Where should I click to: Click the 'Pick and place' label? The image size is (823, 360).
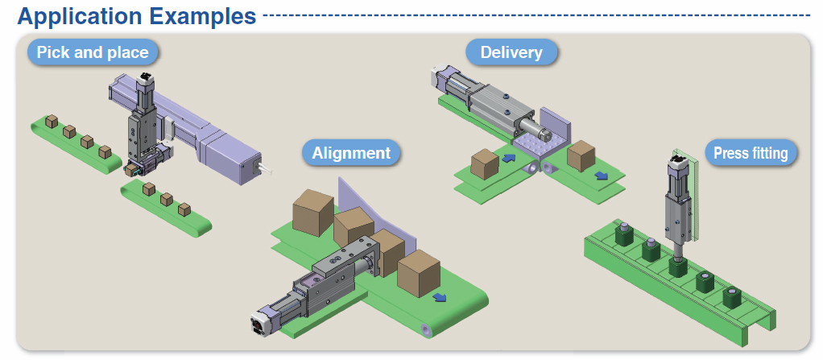93,53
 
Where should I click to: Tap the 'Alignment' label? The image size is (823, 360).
351,152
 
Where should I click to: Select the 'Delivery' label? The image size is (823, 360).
511,53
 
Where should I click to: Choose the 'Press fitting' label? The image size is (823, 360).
750,152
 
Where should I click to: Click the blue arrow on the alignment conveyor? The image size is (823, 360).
440,297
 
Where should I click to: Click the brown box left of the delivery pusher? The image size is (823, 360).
484,165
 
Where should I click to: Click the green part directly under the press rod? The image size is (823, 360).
676,265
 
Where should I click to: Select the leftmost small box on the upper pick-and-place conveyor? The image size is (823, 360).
51,121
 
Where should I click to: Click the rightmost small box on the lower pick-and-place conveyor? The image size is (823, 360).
184,209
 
